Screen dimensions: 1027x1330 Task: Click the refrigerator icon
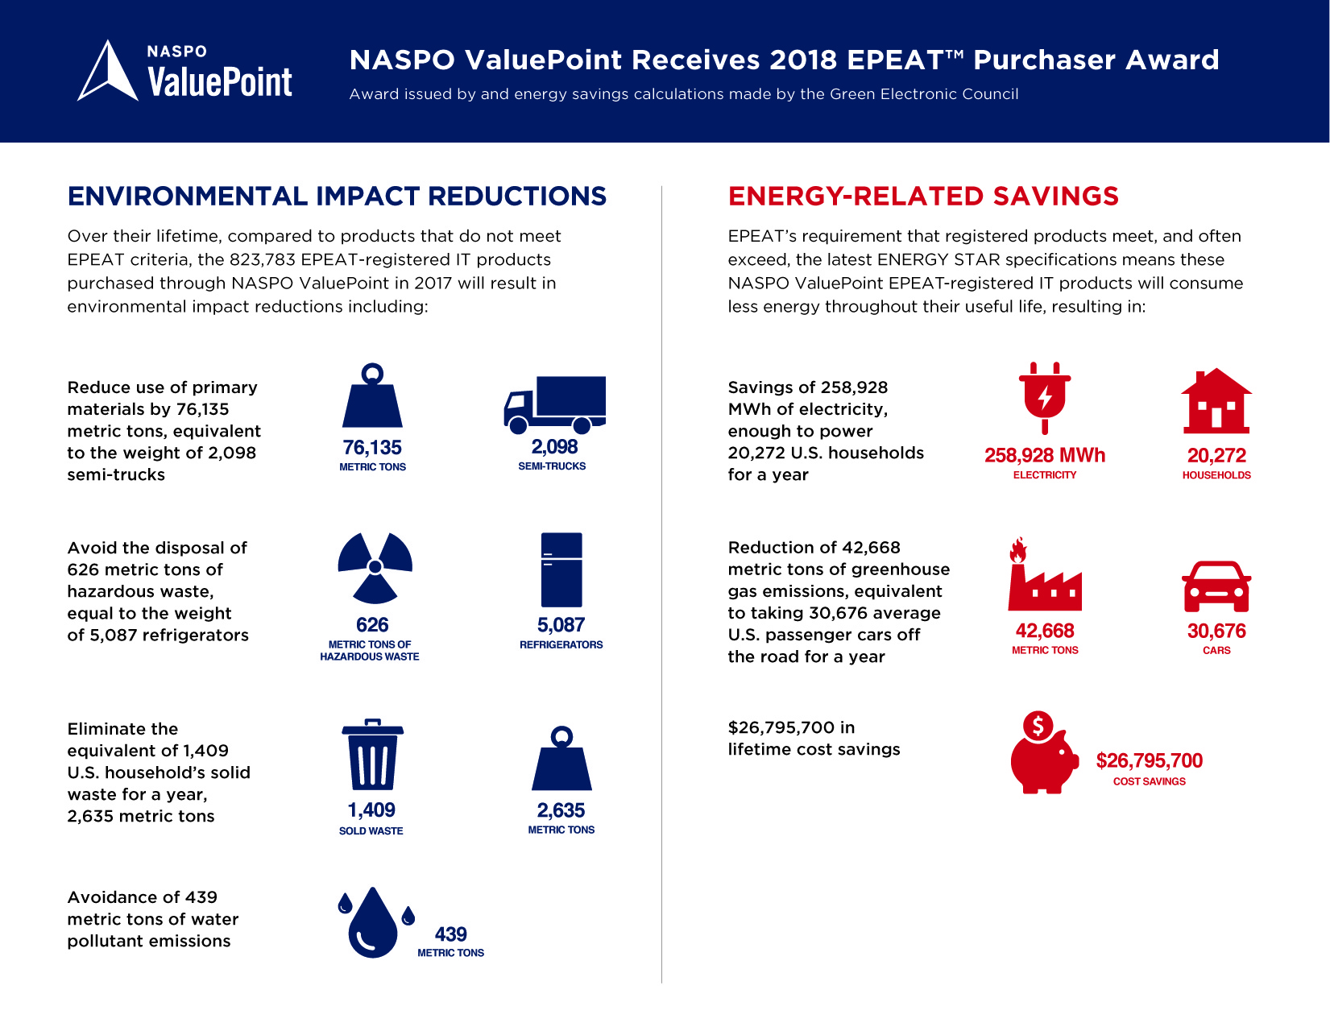click(561, 569)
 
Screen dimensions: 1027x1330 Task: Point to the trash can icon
click(372, 755)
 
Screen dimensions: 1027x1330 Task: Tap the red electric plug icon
click(1045, 397)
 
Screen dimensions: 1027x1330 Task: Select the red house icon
click(1216, 402)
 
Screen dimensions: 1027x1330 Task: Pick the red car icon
click(1216, 586)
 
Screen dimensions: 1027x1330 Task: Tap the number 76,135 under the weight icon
click(372, 448)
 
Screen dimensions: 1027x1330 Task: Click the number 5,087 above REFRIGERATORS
click(561, 625)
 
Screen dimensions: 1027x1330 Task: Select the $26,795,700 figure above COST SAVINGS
click(1149, 761)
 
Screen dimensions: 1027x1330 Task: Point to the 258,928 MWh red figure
click(1045, 456)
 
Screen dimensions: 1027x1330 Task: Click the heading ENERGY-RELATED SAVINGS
click(923, 197)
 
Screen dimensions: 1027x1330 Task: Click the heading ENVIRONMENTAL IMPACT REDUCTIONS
click(337, 197)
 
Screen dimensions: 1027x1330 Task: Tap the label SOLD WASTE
click(371, 831)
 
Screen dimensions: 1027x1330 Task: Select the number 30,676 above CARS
click(1216, 632)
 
